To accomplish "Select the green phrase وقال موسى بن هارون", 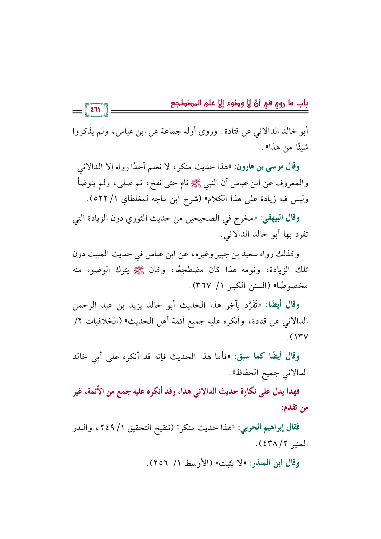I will [x=267, y=167].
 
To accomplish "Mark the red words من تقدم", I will [x=295, y=409].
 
